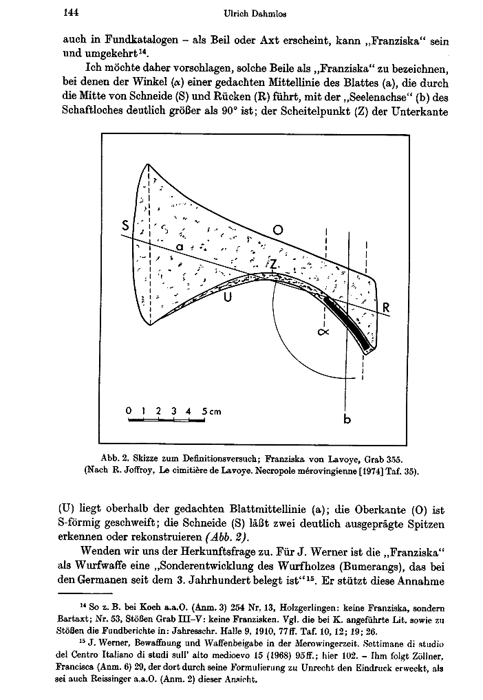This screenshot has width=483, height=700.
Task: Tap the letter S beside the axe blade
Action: click(125, 226)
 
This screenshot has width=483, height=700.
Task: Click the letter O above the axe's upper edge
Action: click(278, 230)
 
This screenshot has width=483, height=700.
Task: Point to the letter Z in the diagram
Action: click(273, 264)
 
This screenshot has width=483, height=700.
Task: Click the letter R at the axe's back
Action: click(386, 309)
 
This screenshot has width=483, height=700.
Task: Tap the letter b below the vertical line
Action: click(346, 420)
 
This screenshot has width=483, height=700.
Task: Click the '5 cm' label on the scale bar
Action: click(211, 411)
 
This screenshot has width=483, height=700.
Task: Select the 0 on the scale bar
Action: click(129, 411)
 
